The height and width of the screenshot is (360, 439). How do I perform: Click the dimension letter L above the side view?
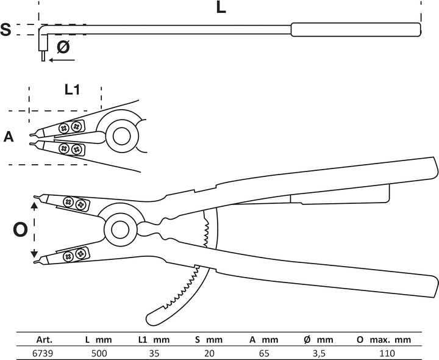coord(221,7)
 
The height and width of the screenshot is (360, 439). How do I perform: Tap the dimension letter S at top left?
coord(5,29)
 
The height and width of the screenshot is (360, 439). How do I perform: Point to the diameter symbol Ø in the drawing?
coord(63,46)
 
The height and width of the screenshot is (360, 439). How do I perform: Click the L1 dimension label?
coord(72,89)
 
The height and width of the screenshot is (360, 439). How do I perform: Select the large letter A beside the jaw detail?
coord(9,137)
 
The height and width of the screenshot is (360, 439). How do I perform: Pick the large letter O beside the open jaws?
coord(20,229)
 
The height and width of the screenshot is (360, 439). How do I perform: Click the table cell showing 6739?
coord(43,353)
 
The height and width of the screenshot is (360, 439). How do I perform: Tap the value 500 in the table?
coord(99,353)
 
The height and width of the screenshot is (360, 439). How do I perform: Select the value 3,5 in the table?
coord(318,353)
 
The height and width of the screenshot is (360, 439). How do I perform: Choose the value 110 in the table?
coord(387,353)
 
